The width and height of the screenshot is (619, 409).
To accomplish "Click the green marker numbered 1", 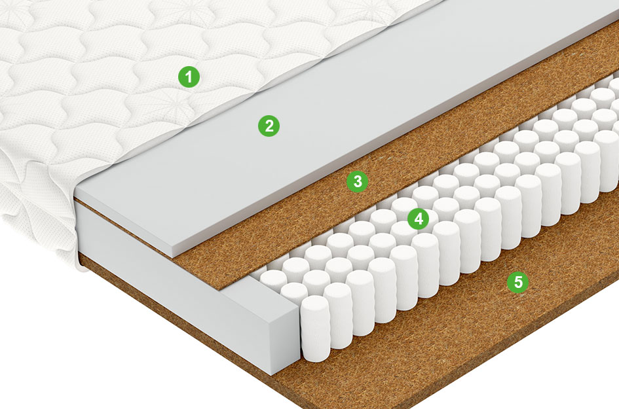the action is tap(189, 77).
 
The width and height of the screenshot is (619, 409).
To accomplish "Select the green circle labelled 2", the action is tap(269, 126).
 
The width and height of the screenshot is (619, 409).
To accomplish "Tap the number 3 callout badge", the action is tap(357, 181).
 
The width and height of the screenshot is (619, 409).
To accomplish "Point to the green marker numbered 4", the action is tap(419, 219).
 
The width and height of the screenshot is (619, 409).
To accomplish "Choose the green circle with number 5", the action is tap(518, 282).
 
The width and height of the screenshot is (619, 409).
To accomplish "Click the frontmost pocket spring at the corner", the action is tap(316, 329).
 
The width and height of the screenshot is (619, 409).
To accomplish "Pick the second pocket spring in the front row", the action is tap(338, 315).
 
